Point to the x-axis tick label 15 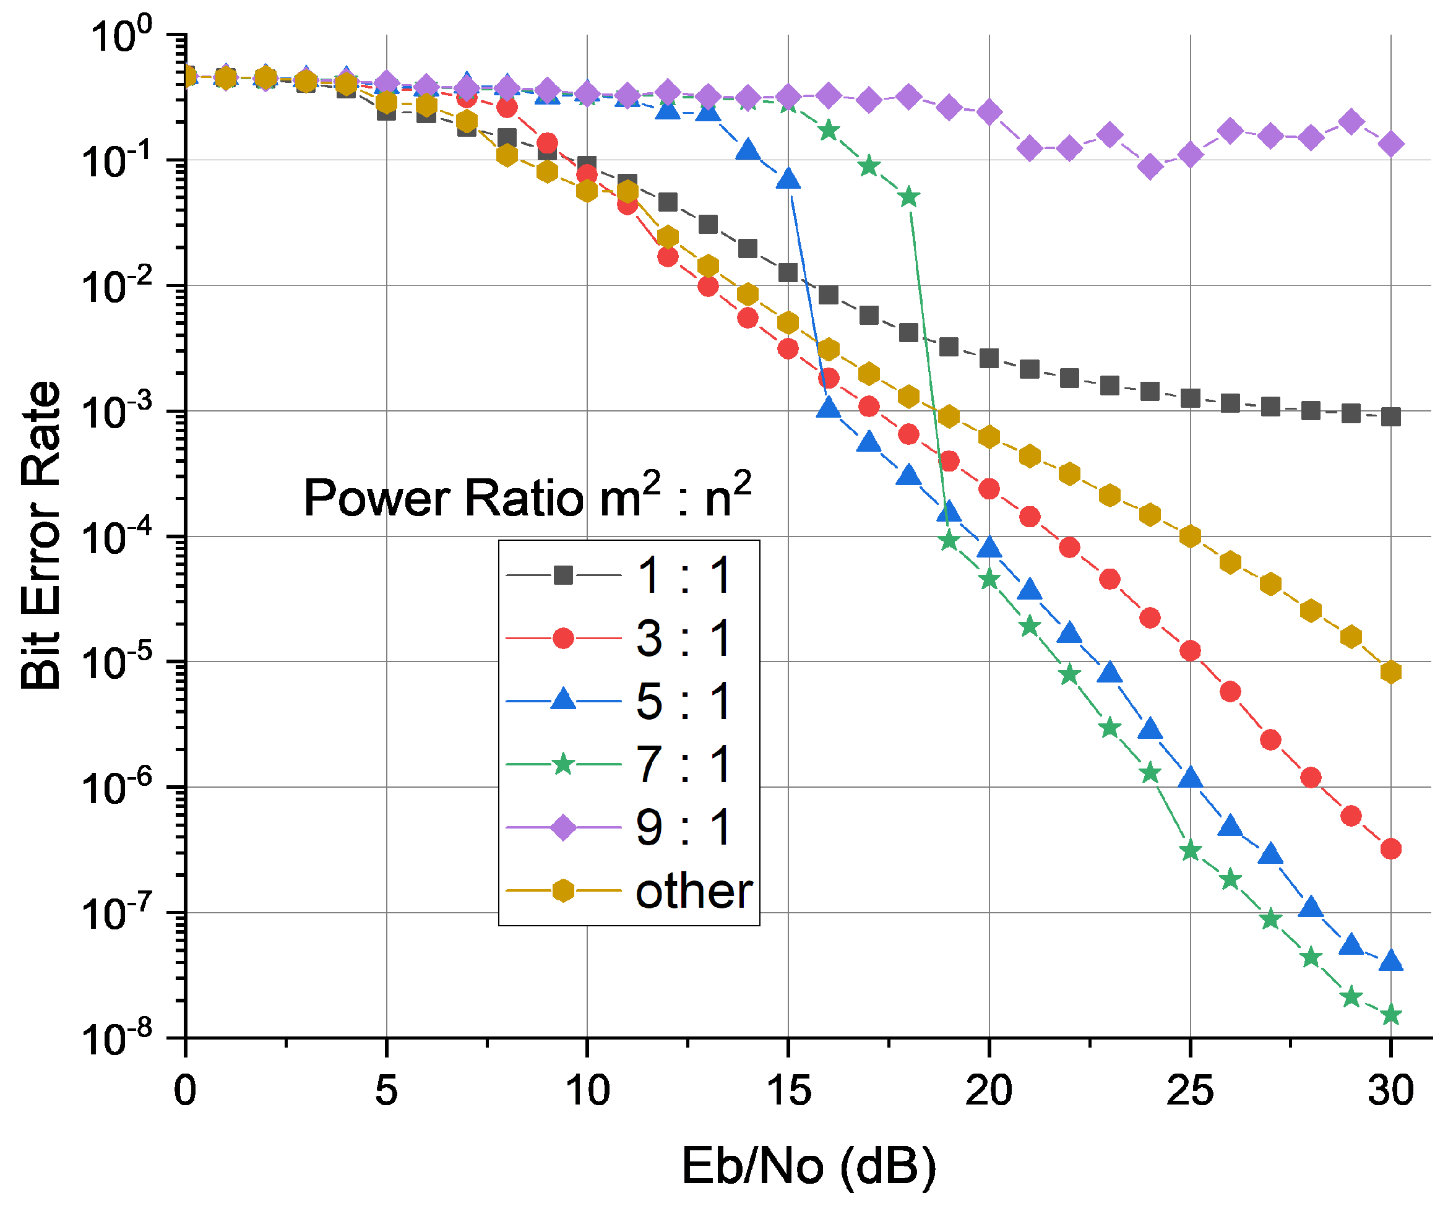pos(788,1091)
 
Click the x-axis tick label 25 pos(1189,1091)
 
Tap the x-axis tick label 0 pos(185,1091)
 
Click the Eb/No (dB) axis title pos(808,1165)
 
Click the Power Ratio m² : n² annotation pos(527,496)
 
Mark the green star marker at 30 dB pos(1391,1015)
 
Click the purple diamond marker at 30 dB pos(1391,144)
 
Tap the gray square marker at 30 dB pos(1391,416)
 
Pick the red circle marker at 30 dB pos(1391,849)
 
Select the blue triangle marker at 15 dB pos(788,179)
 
